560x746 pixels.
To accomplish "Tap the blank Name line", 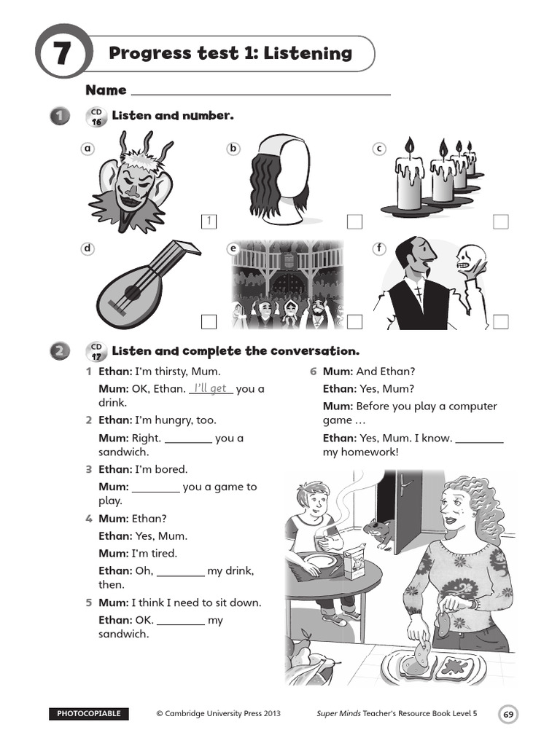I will tap(260, 91).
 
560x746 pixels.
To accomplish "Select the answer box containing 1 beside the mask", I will tap(209, 221).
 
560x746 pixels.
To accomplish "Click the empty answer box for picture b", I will tap(354, 221).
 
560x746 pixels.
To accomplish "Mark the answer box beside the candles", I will tap(500, 221).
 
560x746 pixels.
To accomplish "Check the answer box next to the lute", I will tap(209, 321).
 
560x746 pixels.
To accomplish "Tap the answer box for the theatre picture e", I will tap(354, 321).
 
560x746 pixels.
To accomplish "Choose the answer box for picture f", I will tap(500, 321).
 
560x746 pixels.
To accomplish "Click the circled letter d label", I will tap(88, 249).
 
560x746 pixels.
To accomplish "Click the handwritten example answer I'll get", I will tap(211, 388).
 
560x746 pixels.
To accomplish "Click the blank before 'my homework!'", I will tap(479, 439).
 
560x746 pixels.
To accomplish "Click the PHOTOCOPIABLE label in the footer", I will tap(89, 714).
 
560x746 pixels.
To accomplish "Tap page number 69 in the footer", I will tap(508, 715).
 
